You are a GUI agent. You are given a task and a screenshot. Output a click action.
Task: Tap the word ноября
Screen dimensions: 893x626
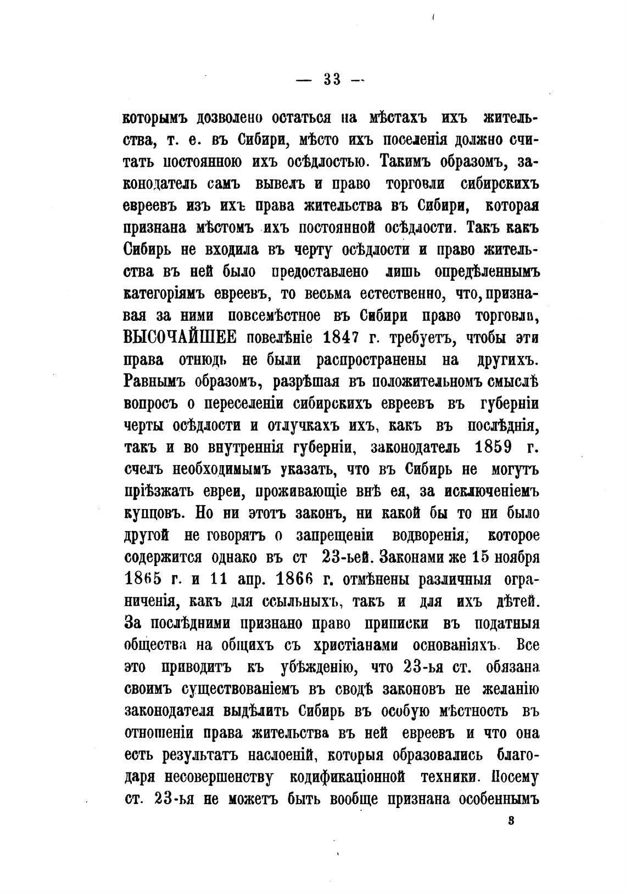pos(514,557)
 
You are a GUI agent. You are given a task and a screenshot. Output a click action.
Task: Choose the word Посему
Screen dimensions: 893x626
pos(515,777)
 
